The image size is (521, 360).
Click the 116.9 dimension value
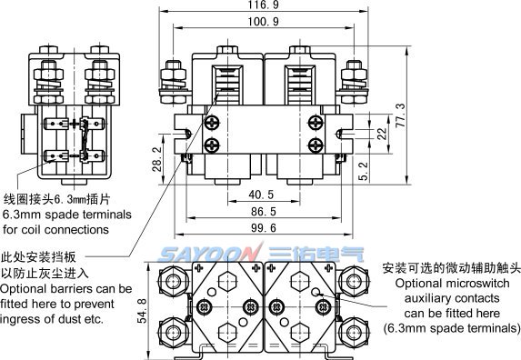tap(263, 5)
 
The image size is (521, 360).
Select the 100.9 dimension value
tap(263, 22)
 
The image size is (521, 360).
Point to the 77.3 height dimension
tap(401, 115)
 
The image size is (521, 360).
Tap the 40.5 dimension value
tap(261, 195)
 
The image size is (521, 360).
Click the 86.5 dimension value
tap(264, 212)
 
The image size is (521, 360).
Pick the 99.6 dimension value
tap(264, 228)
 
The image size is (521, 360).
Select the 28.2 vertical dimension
tap(157, 159)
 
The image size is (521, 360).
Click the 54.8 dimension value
tap(142, 311)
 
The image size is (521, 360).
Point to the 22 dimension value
tap(382, 134)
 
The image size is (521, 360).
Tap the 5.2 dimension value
tap(365, 171)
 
